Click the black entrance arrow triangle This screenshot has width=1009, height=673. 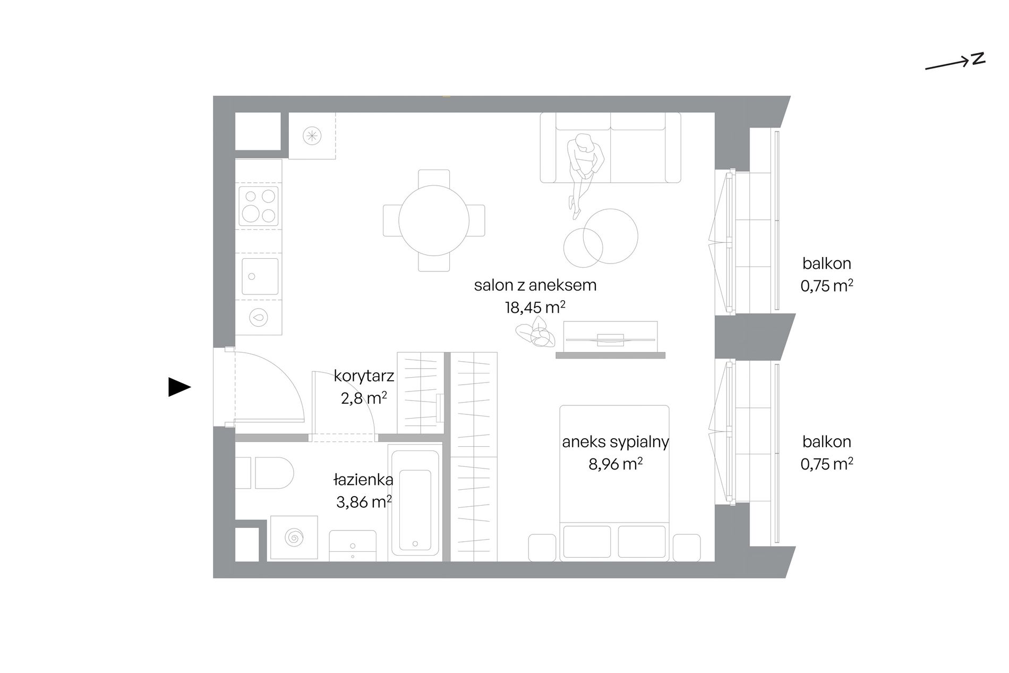click(x=179, y=387)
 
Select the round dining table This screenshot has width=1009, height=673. click(x=434, y=220)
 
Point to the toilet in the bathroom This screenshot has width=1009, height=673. click(x=265, y=473)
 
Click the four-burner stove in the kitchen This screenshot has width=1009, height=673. click(x=259, y=206)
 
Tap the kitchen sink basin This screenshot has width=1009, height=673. click(x=260, y=276)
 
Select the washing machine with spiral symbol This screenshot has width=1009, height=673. click(x=294, y=538)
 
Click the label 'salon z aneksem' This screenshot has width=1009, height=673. click(x=535, y=285)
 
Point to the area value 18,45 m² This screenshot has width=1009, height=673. click(x=535, y=308)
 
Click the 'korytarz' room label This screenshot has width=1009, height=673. click(x=364, y=376)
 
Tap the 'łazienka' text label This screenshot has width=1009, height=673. click(x=363, y=480)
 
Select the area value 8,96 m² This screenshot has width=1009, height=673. click(x=615, y=464)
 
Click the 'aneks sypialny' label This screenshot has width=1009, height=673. click(x=615, y=442)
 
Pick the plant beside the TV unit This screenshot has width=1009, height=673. click(x=535, y=333)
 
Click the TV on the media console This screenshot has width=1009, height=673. click(x=610, y=339)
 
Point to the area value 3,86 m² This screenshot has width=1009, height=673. click(x=364, y=502)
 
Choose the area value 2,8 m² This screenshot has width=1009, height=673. click(x=364, y=398)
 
